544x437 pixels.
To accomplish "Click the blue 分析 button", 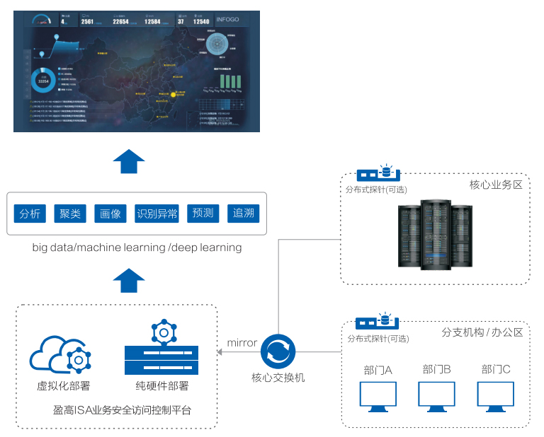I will (31, 213).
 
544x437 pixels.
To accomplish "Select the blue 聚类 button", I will (70, 213).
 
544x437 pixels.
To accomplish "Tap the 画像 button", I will (110, 213).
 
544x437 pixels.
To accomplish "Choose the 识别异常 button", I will (157, 213).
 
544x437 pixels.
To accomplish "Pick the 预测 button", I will (203, 213).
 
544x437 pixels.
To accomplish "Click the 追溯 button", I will (243, 213).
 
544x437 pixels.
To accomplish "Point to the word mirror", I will (242, 343).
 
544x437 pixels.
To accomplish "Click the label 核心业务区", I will (496, 185).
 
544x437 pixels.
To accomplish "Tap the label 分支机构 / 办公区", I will (482, 332).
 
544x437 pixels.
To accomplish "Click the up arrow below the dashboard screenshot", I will (128, 161).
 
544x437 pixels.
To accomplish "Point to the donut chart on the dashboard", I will (44, 82).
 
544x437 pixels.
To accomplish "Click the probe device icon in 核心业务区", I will (378, 173).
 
